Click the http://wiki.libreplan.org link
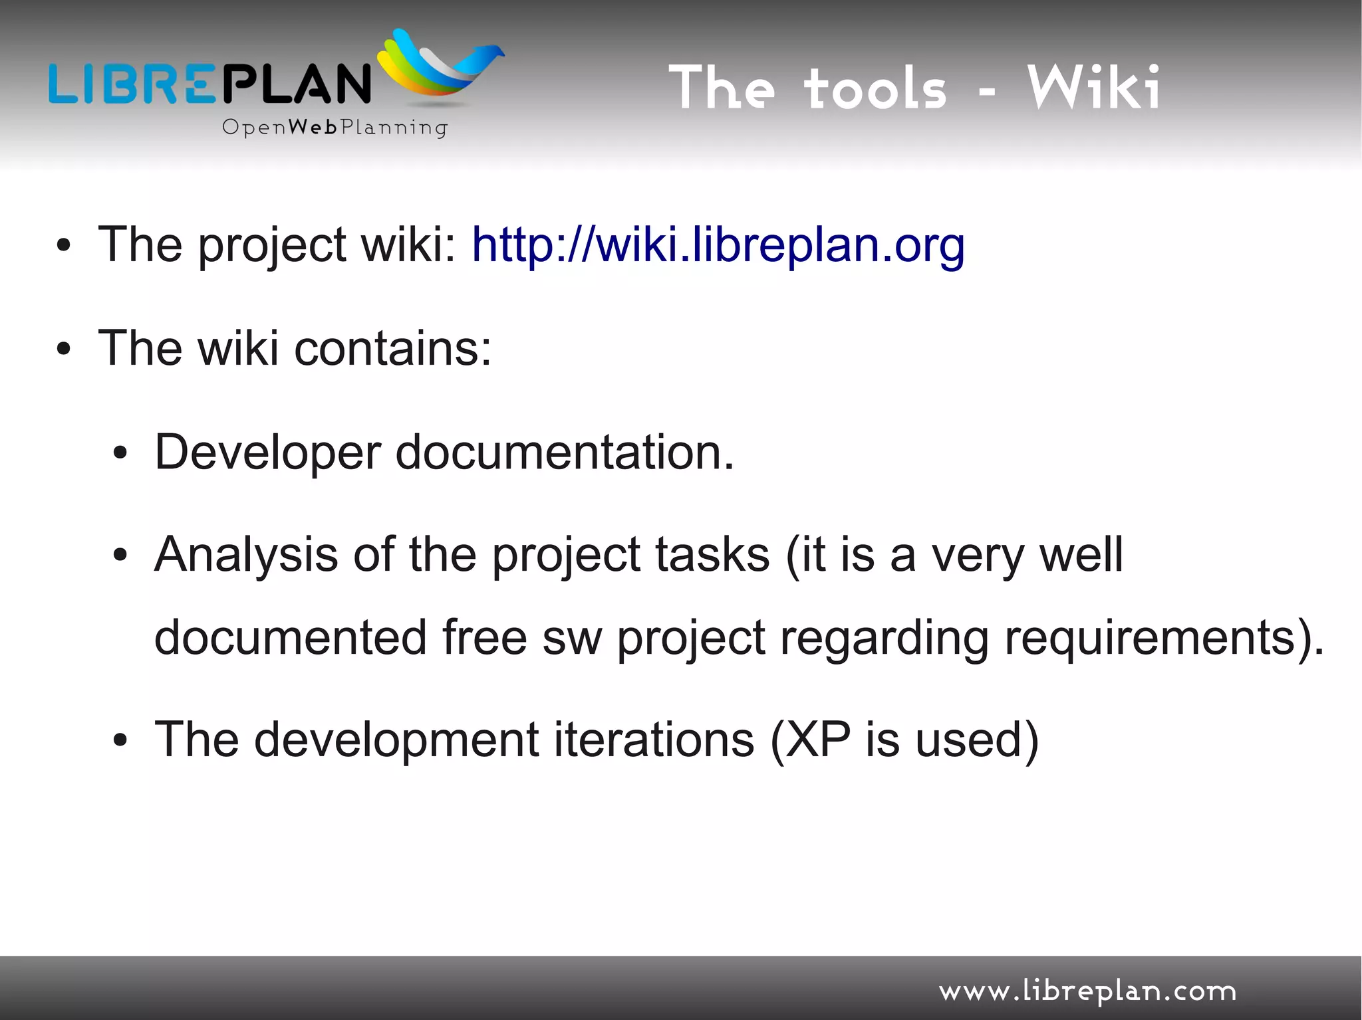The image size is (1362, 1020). (x=718, y=246)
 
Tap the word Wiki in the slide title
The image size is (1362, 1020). (x=1094, y=88)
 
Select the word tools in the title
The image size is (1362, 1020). (x=875, y=89)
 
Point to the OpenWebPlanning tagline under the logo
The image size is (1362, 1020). (x=335, y=127)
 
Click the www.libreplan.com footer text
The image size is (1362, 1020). (x=1087, y=991)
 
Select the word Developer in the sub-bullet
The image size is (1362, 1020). (x=267, y=453)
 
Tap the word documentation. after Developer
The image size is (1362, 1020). (x=565, y=453)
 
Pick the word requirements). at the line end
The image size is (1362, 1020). (x=1164, y=638)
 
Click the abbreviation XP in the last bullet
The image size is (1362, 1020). (x=817, y=740)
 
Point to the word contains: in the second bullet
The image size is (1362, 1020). (x=392, y=349)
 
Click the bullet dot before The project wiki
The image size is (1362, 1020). (x=63, y=247)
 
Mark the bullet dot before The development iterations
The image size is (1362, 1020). (x=120, y=741)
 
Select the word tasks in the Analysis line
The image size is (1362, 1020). (x=712, y=556)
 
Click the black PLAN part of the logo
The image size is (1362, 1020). (x=296, y=83)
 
